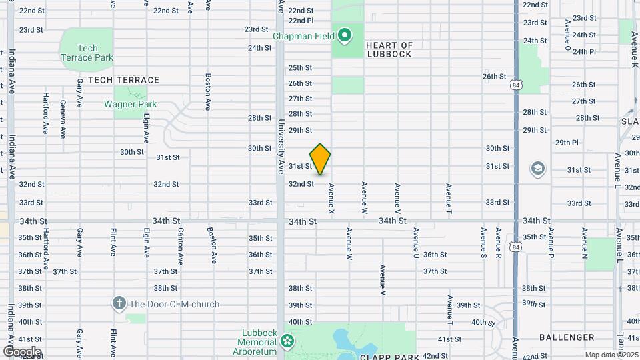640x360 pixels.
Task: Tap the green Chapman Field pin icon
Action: [344, 35]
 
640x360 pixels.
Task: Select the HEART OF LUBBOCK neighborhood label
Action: [389, 50]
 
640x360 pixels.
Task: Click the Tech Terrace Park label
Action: [86, 53]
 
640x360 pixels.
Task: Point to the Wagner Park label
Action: [130, 104]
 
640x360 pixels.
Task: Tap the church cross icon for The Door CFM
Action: [119, 304]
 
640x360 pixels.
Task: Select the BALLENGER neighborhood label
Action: [567, 337]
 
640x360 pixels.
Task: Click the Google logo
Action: [22, 351]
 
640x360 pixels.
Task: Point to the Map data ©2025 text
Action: [611, 355]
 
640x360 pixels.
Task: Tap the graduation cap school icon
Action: [537, 169]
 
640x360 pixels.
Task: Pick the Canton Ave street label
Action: [181, 244]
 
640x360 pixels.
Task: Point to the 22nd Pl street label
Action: [301, 21]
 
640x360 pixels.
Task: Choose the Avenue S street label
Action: [483, 244]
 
